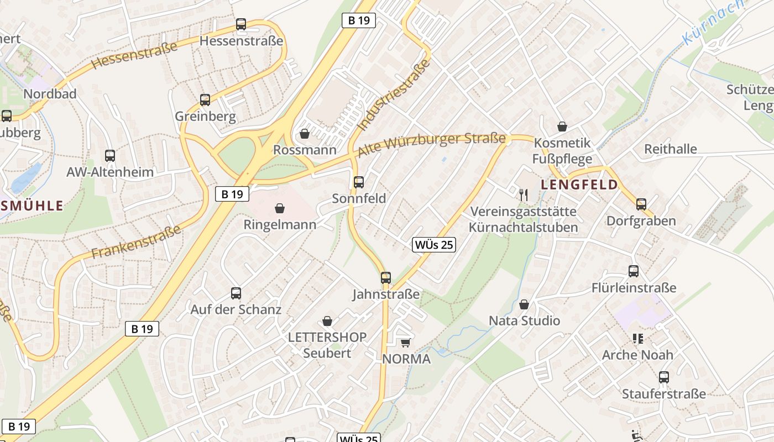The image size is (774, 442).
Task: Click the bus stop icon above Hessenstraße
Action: click(240, 24)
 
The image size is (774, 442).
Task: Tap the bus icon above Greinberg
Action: click(205, 100)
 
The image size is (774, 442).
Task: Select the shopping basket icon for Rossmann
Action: click(304, 134)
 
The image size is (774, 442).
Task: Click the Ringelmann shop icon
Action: click(280, 208)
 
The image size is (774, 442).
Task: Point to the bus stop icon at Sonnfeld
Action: click(359, 182)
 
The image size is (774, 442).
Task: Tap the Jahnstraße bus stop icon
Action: click(386, 278)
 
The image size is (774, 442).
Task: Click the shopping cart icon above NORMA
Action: click(405, 343)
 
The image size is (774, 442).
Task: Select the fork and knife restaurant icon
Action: click(524, 194)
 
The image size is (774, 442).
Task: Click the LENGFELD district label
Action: click(579, 185)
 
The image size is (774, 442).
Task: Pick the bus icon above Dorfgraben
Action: click(641, 204)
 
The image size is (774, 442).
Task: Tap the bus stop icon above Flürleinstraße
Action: click(634, 271)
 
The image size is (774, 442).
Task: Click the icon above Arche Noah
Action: click(638, 338)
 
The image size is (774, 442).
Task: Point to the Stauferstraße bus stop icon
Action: click(664, 377)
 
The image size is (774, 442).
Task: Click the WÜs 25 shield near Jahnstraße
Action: click(434, 245)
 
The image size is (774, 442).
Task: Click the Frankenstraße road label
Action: click(136, 242)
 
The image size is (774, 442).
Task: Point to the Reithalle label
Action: click(671, 149)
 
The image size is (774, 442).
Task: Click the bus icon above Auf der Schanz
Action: click(236, 293)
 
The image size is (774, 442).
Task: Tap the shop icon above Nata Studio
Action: click(524, 304)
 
